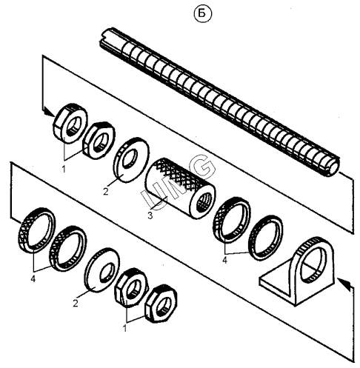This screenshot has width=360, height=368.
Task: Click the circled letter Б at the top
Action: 202,14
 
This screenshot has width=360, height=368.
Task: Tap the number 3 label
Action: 150,215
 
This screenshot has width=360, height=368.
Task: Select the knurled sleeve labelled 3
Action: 181,189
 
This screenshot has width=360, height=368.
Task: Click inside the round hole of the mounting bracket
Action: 313,264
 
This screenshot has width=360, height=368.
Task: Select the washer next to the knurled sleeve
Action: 131,160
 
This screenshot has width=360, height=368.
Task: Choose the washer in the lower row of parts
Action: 102,270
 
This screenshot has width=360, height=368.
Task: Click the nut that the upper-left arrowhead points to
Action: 70,124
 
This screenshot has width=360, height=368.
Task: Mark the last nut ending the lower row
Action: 161,304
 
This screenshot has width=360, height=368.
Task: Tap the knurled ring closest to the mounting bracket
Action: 265,238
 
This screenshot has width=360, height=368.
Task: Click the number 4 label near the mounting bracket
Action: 224,260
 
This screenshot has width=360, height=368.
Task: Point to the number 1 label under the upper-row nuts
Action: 64,170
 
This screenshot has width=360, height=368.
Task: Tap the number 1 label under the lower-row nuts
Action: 124,329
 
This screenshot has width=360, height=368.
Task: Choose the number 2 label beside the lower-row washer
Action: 76,303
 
